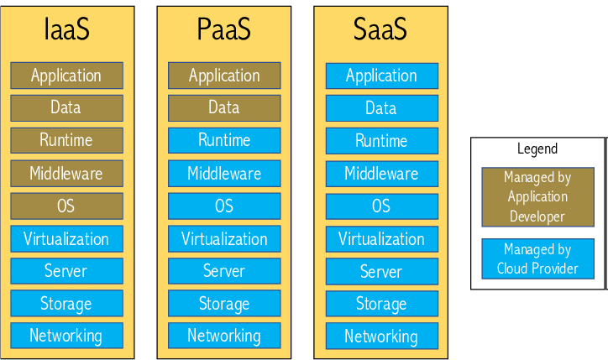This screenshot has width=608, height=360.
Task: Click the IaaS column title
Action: point(66,30)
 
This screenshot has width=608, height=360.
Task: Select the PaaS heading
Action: point(224,30)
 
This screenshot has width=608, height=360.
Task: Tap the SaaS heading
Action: point(381,30)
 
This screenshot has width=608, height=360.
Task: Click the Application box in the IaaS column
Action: point(66,76)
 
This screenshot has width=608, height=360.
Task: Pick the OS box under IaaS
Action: point(66,206)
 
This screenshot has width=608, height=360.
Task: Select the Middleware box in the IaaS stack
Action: point(66,174)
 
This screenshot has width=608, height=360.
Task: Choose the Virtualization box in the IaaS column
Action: point(66,239)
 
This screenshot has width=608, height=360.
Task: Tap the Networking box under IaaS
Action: point(66,336)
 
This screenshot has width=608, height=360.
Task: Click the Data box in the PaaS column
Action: point(224,107)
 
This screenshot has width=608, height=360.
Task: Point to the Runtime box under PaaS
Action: point(224,140)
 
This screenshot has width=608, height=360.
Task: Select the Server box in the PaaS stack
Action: point(224,271)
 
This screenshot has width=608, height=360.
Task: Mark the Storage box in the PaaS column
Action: point(224,303)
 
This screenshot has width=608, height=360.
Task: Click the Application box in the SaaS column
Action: point(381,76)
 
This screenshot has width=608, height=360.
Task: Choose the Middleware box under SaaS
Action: point(381,174)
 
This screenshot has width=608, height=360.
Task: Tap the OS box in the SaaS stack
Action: point(381,206)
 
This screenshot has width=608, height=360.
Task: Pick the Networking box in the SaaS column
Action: point(381,337)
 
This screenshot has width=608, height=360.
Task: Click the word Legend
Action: point(537,149)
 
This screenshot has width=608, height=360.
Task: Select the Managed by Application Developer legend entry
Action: point(537,197)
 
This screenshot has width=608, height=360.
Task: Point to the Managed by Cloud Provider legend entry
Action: point(537,259)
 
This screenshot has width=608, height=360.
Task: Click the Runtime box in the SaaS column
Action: point(381,141)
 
